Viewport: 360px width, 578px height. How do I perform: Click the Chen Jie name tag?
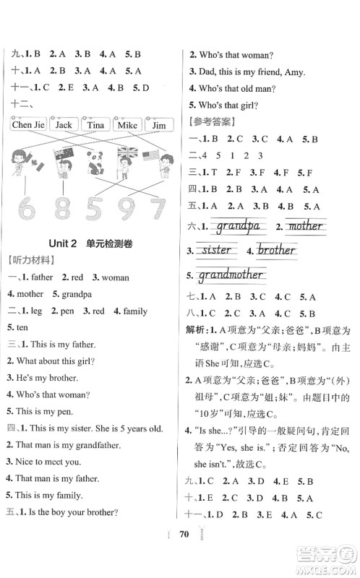point(29,125)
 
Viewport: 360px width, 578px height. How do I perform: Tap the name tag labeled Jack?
point(64,125)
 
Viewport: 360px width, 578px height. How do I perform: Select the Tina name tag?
point(95,125)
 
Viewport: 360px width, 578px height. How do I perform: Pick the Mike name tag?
point(127,125)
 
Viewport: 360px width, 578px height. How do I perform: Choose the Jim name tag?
point(158,125)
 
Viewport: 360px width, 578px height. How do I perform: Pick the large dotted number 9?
point(124,208)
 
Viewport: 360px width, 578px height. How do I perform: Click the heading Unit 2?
point(61,243)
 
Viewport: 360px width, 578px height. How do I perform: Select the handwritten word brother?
point(275,251)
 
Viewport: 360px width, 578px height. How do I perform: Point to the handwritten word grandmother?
point(231,275)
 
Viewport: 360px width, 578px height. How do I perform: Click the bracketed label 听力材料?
point(27,259)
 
